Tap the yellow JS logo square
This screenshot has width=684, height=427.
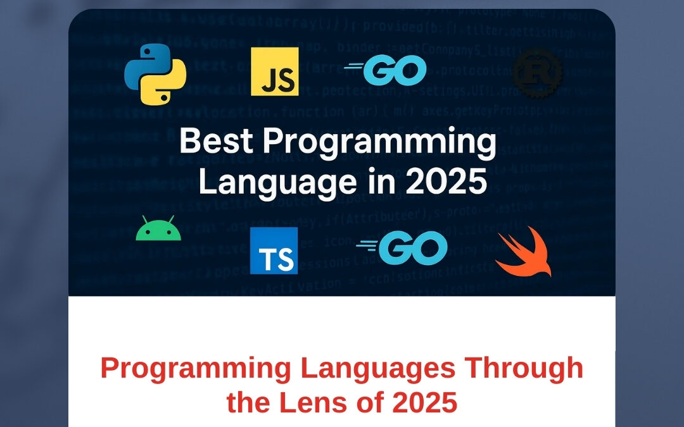274,71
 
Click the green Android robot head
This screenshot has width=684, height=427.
158,230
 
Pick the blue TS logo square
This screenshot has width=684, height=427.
274,251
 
